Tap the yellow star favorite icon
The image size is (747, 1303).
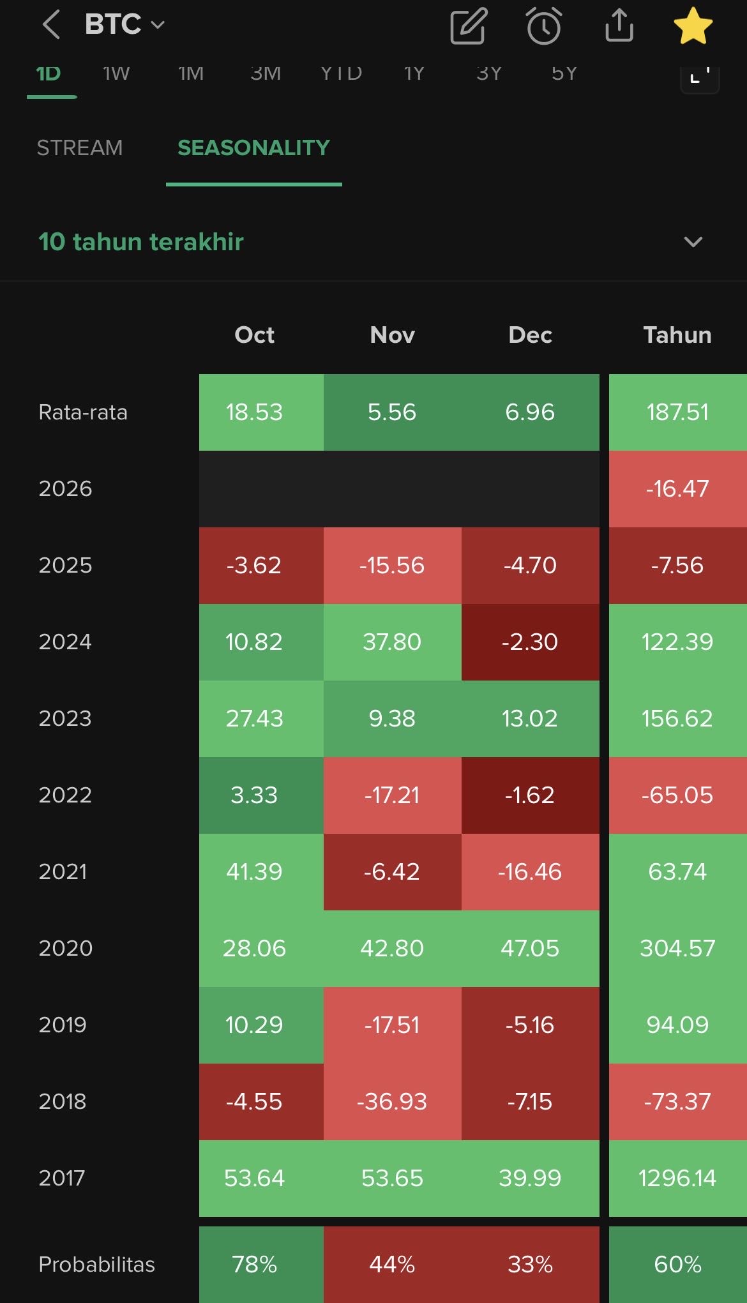click(693, 27)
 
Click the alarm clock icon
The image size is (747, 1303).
click(543, 27)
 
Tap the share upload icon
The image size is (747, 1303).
click(619, 26)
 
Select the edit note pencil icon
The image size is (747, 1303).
click(469, 27)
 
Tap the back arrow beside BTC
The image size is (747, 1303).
click(51, 25)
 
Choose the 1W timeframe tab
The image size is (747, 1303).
click(116, 74)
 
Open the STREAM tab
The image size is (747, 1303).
click(79, 148)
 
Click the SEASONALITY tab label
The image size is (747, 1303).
click(253, 148)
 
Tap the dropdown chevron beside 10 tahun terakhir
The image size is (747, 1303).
click(693, 242)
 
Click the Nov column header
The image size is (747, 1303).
click(392, 335)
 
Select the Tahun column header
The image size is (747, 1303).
click(677, 335)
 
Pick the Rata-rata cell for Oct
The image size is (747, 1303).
click(254, 412)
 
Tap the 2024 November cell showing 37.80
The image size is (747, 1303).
click(392, 642)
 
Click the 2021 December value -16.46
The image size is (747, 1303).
click(530, 872)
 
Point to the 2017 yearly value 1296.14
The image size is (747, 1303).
click(677, 1179)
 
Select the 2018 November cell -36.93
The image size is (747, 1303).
click(392, 1102)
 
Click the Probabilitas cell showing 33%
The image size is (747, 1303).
click(530, 1264)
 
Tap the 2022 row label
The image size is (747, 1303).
click(65, 795)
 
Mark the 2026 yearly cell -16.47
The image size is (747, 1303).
click(677, 489)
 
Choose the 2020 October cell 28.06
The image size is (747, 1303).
click(254, 949)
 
